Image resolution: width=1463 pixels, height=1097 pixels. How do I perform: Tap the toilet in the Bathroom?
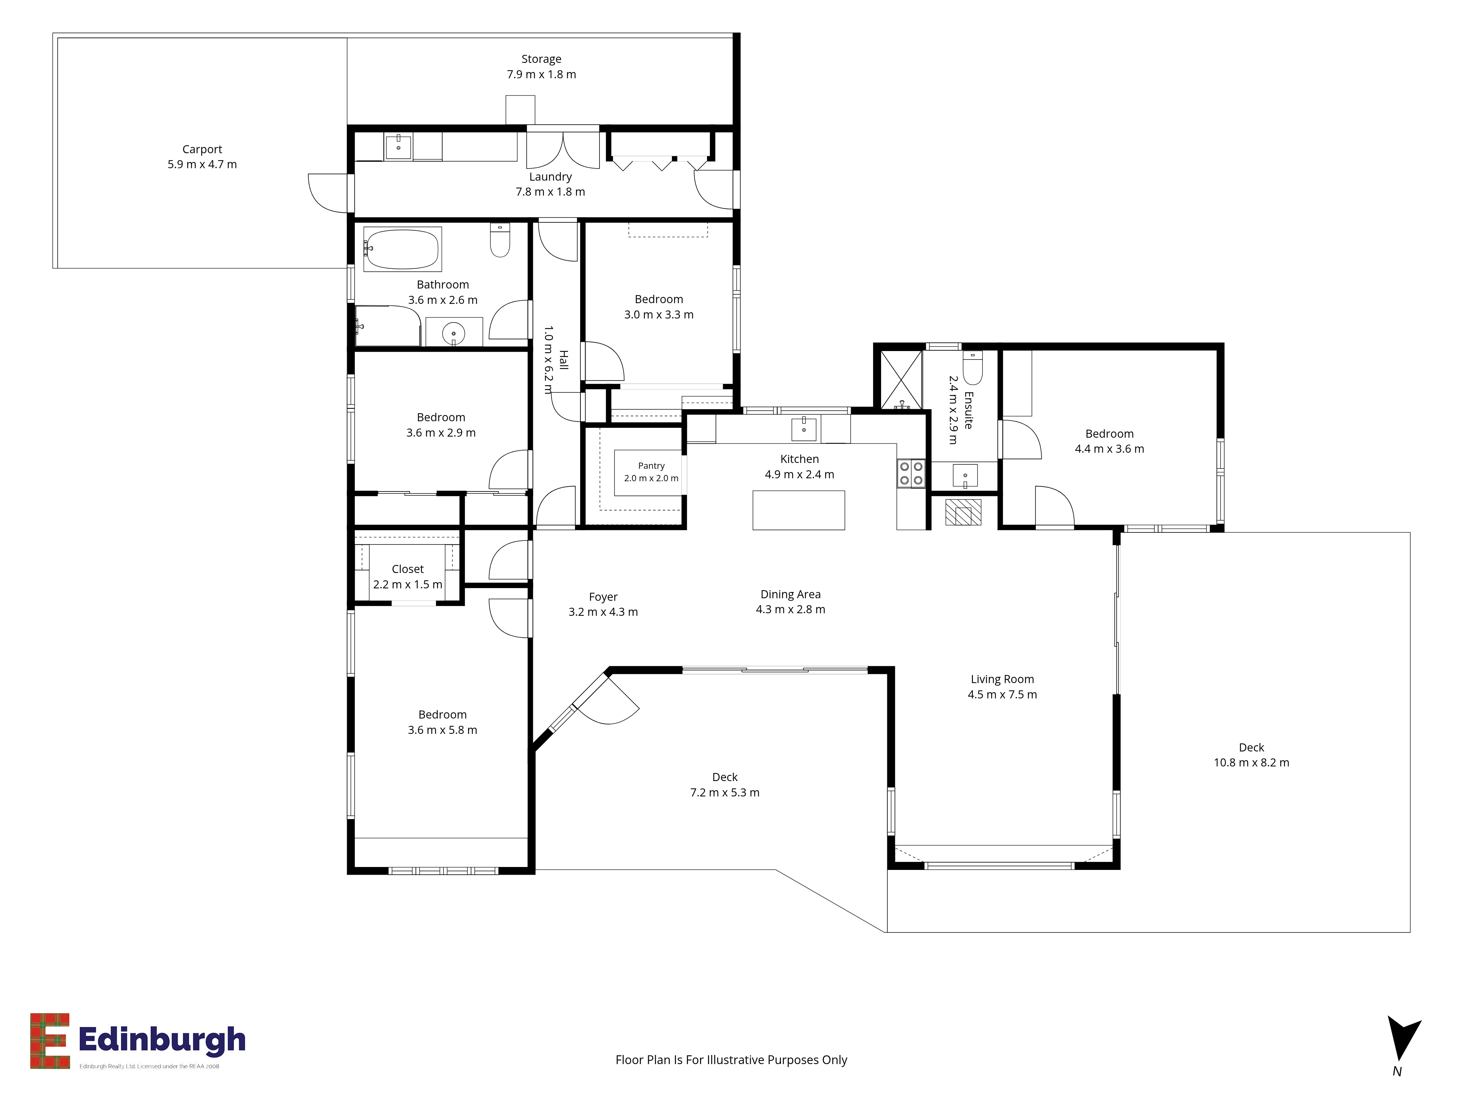tap(500, 240)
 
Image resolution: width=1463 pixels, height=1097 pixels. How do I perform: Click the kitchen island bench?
tap(798, 510)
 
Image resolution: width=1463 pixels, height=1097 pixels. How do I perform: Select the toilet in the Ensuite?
tap(973, 367)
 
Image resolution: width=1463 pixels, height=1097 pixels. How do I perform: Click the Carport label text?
tap(202, 150)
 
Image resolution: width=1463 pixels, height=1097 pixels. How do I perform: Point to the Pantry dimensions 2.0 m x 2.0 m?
tap(651, 478)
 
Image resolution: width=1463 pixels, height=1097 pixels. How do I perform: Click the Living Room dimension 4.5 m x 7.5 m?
tap(1002, 694)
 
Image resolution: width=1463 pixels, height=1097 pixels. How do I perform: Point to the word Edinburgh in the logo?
tap(162, 1040)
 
